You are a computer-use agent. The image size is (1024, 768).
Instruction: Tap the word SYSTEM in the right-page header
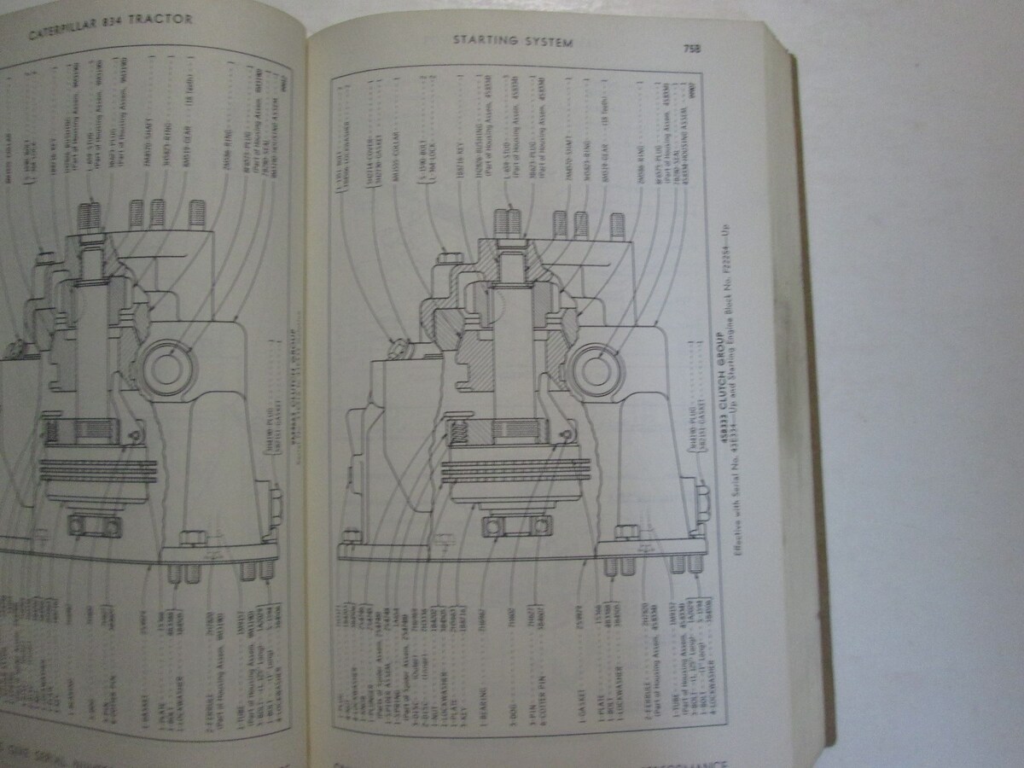coord(550,41)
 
